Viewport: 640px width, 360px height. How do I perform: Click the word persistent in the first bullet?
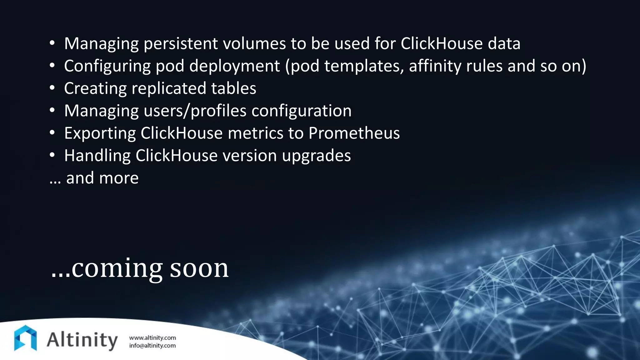point(181,43)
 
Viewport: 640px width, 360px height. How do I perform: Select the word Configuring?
point(107,66)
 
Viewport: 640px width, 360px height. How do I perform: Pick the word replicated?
point(168,88)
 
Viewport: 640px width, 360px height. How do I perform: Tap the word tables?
point(233,88)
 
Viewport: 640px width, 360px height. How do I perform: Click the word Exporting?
point(100,133)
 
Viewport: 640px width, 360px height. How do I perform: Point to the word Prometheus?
point(354,133)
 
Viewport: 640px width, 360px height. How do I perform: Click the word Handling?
point(97,156)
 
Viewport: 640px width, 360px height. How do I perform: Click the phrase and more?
point(102,178)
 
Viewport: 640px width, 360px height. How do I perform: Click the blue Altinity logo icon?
point(25,338)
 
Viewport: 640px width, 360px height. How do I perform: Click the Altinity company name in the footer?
point(82,340)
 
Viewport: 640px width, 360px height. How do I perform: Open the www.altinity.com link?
point(152,338)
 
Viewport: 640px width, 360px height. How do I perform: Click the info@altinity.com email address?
point(152,346)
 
